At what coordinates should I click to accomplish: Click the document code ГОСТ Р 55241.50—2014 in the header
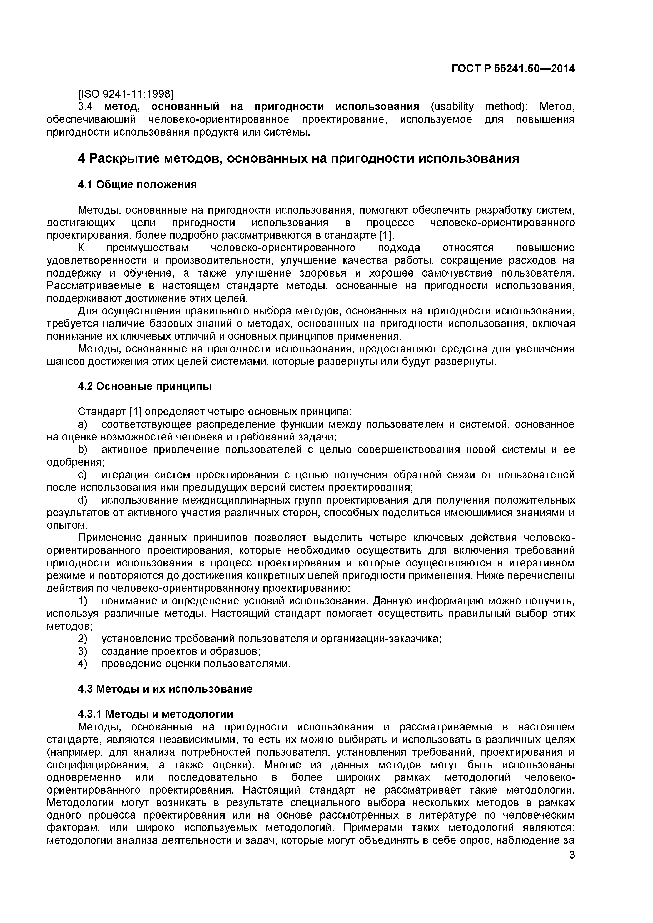tap(513, 69)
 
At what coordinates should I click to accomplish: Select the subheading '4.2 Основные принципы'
tap(144, 386)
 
